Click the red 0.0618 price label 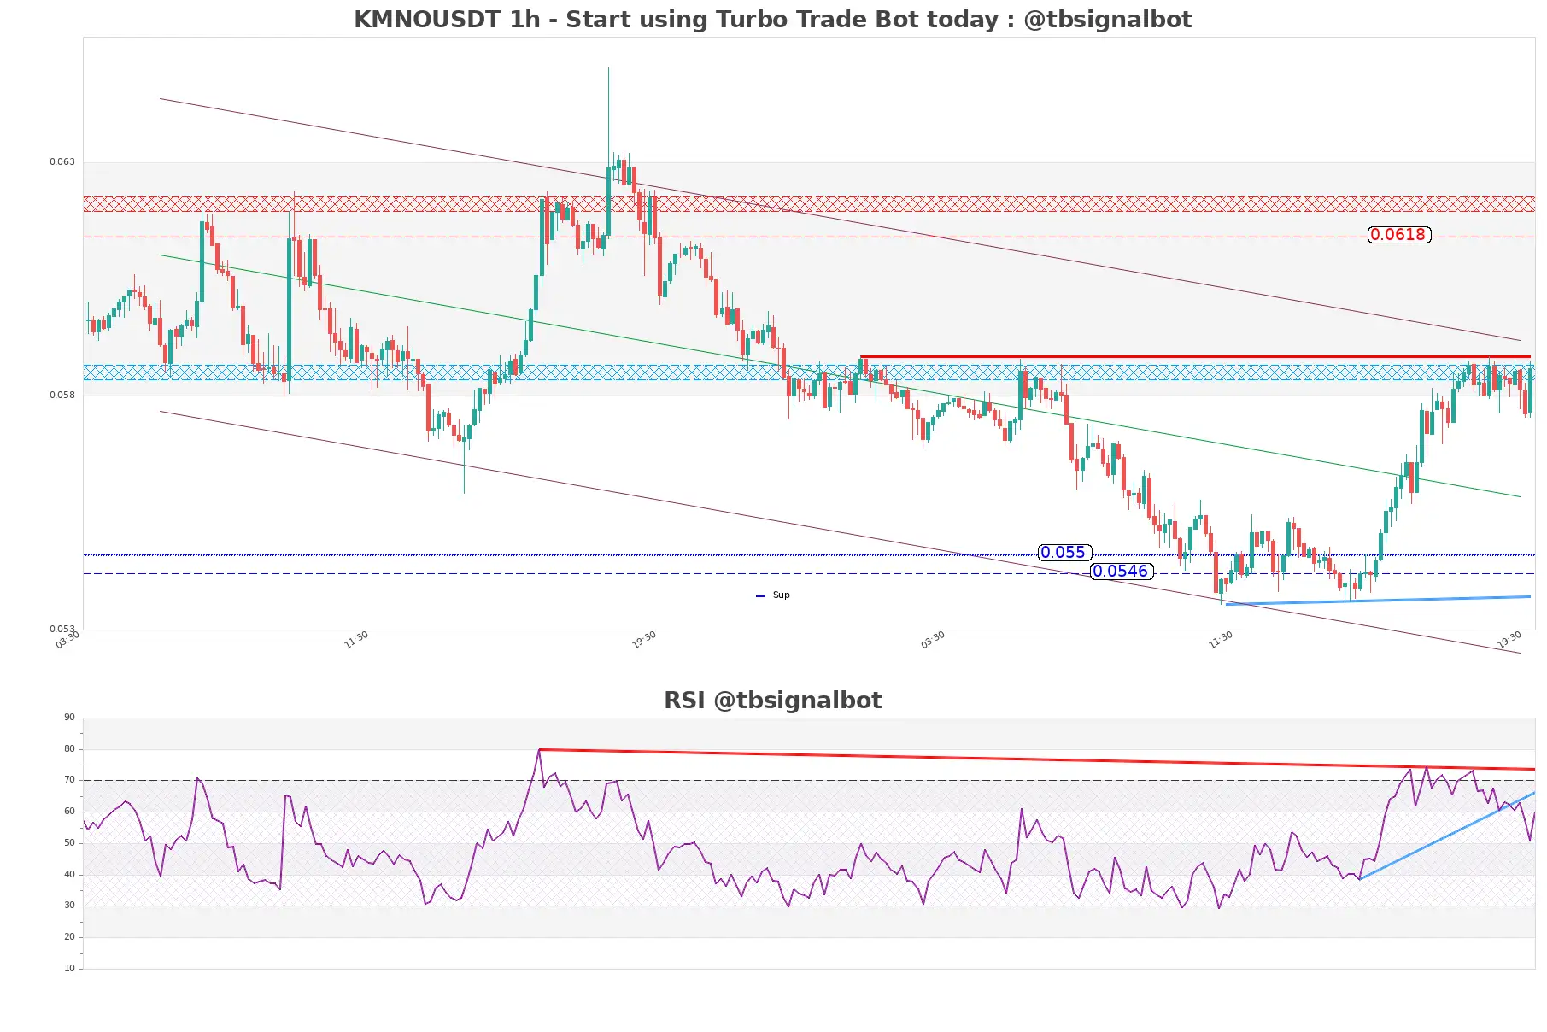(x=1398, y=235)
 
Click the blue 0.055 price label (x=1064, y=553)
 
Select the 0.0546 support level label (x=1121, y=572)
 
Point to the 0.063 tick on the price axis (x=62, y=162)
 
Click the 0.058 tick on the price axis (x=62, y=396)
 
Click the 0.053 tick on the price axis (x=62, y=630)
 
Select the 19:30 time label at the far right (x=1509, y=640)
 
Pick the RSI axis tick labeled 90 (x=69, y=718)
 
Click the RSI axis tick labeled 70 (x=69, y=780)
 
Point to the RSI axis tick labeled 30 (x=69, y=906)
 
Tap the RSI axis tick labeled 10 (x=69, y=969)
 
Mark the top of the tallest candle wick (x=608, y=68)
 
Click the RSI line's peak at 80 (x=539, y=750)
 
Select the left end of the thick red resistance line (x=861, y=356)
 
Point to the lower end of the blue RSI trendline (x=1359, y=879)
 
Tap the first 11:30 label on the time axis (x=356, y=640)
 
